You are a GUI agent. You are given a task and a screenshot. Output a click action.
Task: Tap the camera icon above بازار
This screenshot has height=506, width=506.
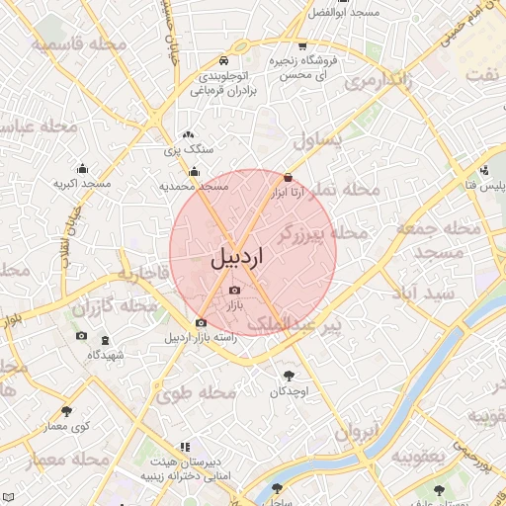234,290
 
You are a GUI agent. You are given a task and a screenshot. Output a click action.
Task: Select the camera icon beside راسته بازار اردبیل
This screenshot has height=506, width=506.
202,322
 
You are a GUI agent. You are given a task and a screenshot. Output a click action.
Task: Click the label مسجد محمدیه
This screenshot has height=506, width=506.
194,186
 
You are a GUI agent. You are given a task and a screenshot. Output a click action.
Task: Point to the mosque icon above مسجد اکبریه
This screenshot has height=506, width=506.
81,168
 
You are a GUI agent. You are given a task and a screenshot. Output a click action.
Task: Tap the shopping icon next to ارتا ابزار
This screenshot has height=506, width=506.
288,178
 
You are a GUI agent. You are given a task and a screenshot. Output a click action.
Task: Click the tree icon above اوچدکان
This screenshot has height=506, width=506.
289,376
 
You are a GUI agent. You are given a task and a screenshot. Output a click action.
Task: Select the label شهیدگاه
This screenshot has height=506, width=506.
105,354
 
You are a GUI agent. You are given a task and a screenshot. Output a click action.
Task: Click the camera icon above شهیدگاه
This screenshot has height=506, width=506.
81,336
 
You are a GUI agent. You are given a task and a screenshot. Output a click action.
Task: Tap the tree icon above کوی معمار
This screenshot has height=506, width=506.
66,410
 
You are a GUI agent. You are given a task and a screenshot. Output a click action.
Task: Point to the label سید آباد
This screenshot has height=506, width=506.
427,295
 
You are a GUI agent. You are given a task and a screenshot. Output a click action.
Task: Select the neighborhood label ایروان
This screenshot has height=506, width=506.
357,431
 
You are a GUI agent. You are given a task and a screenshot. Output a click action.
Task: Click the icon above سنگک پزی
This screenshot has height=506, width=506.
188,134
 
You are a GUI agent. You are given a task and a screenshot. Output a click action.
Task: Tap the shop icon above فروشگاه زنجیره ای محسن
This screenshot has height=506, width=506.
302,46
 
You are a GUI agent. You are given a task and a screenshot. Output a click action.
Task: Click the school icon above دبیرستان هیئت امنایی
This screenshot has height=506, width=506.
184,447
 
